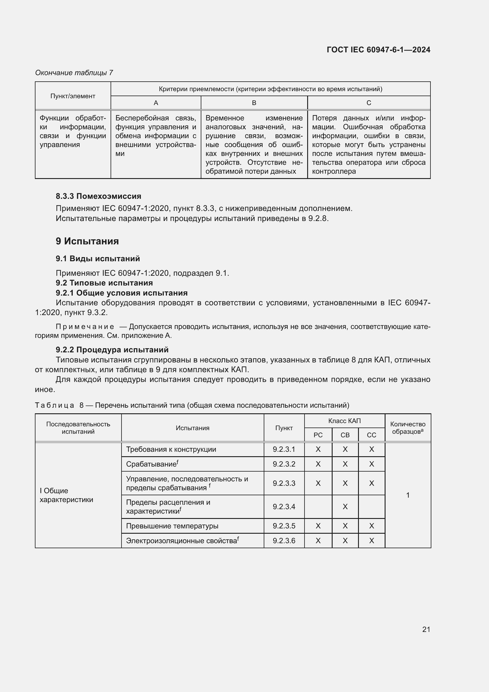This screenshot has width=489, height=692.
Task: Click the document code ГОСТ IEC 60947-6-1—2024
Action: pyautogui.click(x=378, y=50)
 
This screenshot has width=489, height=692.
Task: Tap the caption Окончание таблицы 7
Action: pyautogui.click(x=74, y=73)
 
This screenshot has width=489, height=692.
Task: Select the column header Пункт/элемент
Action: pyautogui.click(x=72, y=96)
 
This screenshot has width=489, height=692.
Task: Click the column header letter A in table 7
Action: pyautogui.click(x=156, y=103)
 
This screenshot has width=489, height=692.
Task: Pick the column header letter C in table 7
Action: pyautogui.click(x=369, y=103)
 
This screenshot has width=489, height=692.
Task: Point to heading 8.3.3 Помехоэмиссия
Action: pyautogui.click(x=98, y=196)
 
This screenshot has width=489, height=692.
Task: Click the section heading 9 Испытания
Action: pyautogui.click(x=87, y=241)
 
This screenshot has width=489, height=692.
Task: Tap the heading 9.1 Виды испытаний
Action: pyautogui.click(x=98, y=259)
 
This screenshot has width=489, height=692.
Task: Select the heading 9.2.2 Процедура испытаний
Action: pyautogui.click(x=112, y=350)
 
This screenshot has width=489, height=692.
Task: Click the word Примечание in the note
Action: pyautogui.click(x=85, y=327)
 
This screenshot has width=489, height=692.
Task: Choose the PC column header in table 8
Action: pyautogui.click(x=318, y=435)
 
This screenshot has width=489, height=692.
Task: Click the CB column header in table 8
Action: pyautogui.click(x=345, y=435)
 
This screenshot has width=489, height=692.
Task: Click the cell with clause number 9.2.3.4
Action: pyautogui.click(x=284, y=507)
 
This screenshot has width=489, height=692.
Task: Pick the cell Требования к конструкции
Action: pyautogui.click(x=171, y=449)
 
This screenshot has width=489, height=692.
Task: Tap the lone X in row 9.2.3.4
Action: pyautogui.click(x=345, y=507)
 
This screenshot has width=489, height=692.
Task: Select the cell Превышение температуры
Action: pyautogui.click(x=172, y=526)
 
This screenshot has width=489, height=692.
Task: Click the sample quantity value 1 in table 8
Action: pyautogui.click(x=408, y=495)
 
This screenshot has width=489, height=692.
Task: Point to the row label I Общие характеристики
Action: pyautogui.click(x=66, y=495)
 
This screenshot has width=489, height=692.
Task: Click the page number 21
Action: pyautogui.click(x=426, y=629)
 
